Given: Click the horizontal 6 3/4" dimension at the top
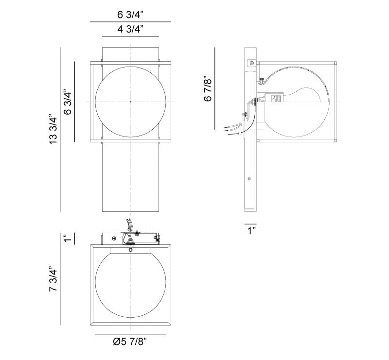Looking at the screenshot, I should (130, 15).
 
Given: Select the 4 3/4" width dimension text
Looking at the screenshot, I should (130, 29).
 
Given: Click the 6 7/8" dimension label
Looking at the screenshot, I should (208, 88).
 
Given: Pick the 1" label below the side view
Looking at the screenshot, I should (251, 230).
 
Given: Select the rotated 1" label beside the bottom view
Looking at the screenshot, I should (68, 239).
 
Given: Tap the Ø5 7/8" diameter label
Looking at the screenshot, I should (130, 342).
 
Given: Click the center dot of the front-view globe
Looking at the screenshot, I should (130, 102).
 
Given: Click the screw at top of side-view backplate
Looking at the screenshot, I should (251, 62).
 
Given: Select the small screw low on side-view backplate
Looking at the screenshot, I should (249, 178).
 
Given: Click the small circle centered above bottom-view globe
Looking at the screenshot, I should (130, 251).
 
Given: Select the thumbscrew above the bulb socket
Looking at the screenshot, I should (262, 80).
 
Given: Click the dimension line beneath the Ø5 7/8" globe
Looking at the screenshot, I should (130, 335).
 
